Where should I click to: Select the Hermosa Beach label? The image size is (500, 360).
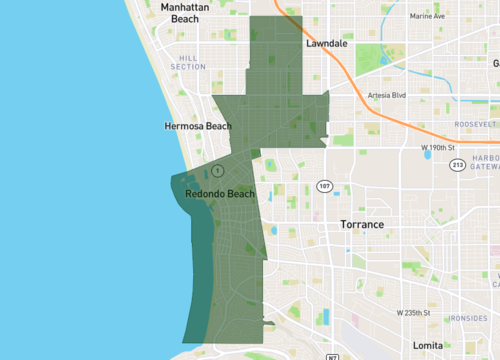tap(197, 127)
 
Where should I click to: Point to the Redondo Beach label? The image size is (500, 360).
tap(220, 193)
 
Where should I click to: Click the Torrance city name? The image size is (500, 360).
tap(361, 225)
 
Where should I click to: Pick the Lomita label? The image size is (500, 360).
tap(427, 345)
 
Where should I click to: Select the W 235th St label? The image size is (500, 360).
tap(414, 313)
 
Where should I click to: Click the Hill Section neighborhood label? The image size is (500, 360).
tap(188, 63)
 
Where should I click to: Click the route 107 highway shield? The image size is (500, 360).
tap(324, 186)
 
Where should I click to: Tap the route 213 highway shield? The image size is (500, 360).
tap(456, 164)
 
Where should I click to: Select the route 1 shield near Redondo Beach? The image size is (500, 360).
tap(216, 171)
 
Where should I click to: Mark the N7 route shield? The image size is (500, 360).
tap(331, 356)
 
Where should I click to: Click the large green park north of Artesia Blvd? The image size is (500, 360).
tap(373, 58)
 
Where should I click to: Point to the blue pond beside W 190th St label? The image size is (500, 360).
tap(427, 155)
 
